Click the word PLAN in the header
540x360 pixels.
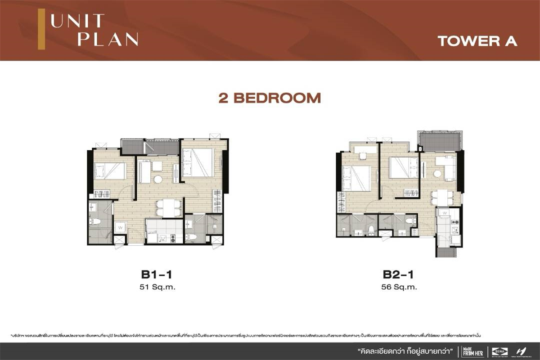108,39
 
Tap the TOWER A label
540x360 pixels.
477,41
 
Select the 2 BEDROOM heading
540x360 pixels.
270,98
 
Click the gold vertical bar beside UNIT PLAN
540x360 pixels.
41,30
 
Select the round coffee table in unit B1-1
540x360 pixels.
158,180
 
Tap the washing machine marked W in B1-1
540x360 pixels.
120,228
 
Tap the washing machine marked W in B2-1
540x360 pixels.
444,212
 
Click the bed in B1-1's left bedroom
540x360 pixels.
109,171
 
